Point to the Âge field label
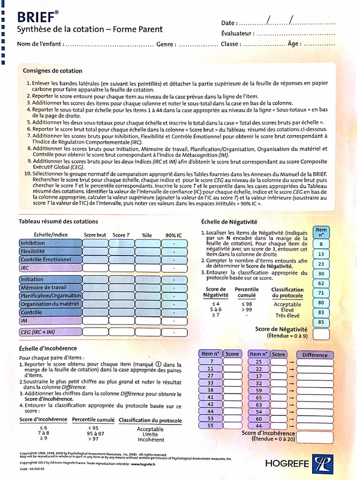tap(294, 44)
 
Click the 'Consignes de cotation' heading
tap(52, 71)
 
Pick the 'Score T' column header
tap(121, 235)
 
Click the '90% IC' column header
tap(173, 235)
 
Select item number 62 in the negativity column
tap(321, 284)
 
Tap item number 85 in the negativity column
tap(321, 322)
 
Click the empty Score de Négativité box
tap(321, 334)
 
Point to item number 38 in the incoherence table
tap(210, 390)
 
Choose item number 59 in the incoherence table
tap(259, 390)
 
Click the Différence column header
tap(315, 355)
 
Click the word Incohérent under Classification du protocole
tap(150, 440)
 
